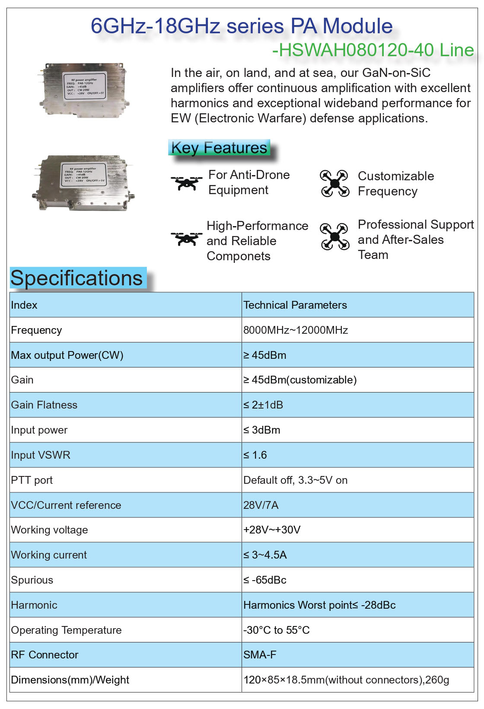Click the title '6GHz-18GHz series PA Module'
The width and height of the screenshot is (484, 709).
click(242, 26)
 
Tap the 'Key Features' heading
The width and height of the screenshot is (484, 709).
click(219, 148)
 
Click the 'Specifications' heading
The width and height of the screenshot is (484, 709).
click(76, 278)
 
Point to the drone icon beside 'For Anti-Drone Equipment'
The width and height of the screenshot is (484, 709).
click(186, 182)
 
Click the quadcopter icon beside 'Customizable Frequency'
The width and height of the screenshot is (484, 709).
click(334, 183)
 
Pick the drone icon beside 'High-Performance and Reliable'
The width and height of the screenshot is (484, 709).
click(186, 238)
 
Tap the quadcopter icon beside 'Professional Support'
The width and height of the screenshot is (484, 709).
click(334, 236)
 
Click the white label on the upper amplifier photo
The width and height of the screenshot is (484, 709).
click(85, 86)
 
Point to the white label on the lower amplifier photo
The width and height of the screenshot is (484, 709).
click(84, 175)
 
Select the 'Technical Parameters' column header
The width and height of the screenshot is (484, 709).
click(295, 305)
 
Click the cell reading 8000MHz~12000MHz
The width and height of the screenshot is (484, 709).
click(296, 330)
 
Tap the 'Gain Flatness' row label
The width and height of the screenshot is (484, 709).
click(44, 405)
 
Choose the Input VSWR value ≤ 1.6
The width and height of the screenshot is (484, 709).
click(255, 455)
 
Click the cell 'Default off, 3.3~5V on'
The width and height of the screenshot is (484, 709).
click(295, 480)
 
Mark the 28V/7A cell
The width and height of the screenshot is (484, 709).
click(261, 505)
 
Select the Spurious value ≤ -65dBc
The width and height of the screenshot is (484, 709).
click(264, 580)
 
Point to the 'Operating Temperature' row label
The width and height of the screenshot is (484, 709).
click(66, 630)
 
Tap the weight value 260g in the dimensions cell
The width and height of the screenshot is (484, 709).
click(437, 680)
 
